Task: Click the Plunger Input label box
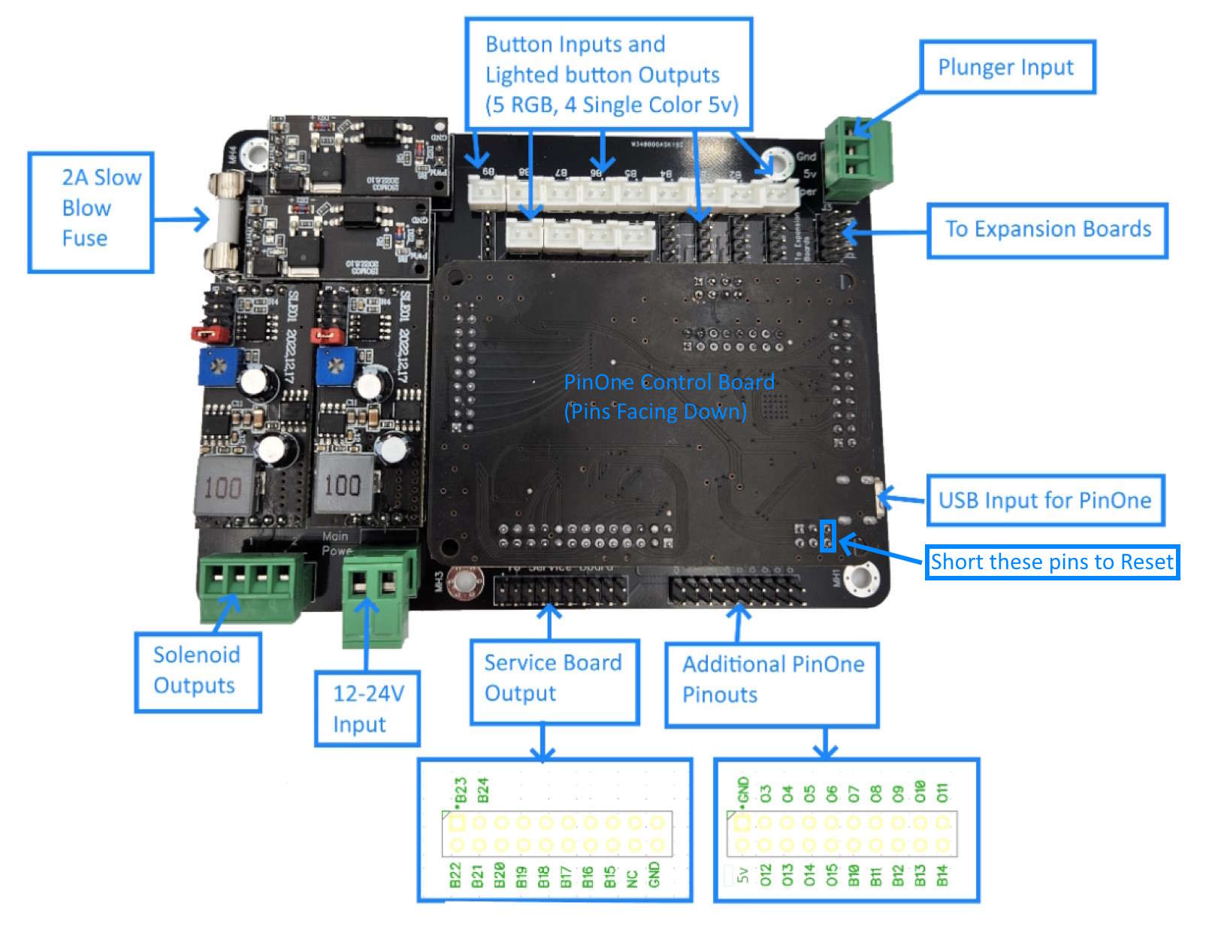pyautogui.click(x=1006, y=67)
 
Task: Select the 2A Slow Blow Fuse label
pyautogui.click(x=91, y=212)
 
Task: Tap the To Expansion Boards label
pyautogui.click(x=1047, y=230)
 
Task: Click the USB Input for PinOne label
pyautogui.click(x=1044, y=501)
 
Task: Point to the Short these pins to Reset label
pyautogui.click(x=1051, y=562)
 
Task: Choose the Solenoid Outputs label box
pyautogui.click(x=198, y=671)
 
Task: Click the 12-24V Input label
pyautogui.click(x=367, y=708)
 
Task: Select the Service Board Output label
pyautogui.click(x=554, y=680)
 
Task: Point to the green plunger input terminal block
pyautogui.click(x=857, y=159)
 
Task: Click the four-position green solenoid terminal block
pyautogui.click(x=252, y=586)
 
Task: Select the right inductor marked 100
pyautogui.click(x=343, y=484)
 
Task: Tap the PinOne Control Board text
pyautogui.click(x=668, y=383)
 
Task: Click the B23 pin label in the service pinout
pyautogui.click(x=461, y=792)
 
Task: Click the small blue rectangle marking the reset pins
pyautogui.click(x=827, y=536)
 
